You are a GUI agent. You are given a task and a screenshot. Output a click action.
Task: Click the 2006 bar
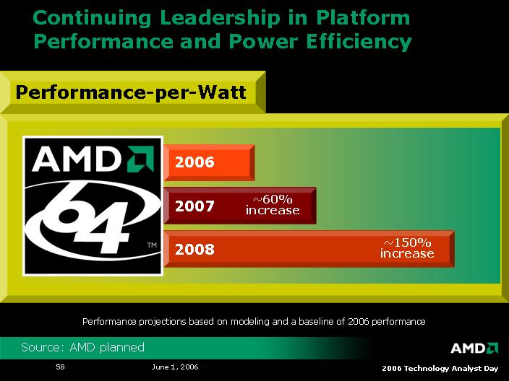click(x=209, y=162)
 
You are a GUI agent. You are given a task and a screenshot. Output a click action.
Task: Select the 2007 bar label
click(x=194, y=206)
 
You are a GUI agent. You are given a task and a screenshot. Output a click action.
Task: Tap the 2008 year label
click(x=194, y=250)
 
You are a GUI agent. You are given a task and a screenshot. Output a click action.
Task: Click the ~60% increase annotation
click(x=272, y=205)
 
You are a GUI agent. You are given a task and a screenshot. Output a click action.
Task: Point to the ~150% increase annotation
click(x=407, y=248)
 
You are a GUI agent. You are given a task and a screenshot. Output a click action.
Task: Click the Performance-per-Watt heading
click(x=131, y=92)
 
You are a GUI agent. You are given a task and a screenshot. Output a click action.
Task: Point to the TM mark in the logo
click(x=152, y=246)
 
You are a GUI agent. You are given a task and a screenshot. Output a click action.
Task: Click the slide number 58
click(x=61, y=367)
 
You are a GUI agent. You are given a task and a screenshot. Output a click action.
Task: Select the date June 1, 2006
click(x=175, y=367)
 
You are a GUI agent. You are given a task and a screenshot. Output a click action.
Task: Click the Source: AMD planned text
click(x=82, y=348)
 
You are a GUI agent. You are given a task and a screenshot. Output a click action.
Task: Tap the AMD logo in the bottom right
click(x=474, y=348)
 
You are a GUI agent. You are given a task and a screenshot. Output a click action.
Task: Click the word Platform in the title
click(x=361, y=18)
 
